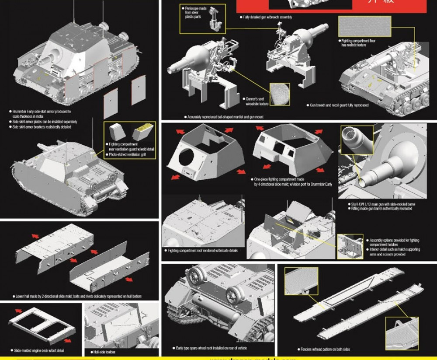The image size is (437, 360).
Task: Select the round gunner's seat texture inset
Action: pyautogui.click(x=279, y=94)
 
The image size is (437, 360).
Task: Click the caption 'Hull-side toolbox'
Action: pyautogui.click(x=104, y=352)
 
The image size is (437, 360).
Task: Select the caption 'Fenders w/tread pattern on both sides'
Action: pyautogui.click(x=325, y=349)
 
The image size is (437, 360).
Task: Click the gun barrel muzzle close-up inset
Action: pyautogui.click(x=356, y=140)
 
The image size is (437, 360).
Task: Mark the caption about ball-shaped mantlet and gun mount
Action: pyautogui.click(x=225, y=117)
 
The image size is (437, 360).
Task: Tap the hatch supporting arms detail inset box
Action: pyautogui.click(x=350, y=247)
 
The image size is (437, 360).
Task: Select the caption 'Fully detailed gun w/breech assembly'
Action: pyautogui.click(x=267, y=17)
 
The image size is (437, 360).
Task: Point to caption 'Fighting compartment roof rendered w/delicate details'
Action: pyautogui.click(x=203, y=251)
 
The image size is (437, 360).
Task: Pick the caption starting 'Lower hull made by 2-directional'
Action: pyautogui.click(x=78, y=296)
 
